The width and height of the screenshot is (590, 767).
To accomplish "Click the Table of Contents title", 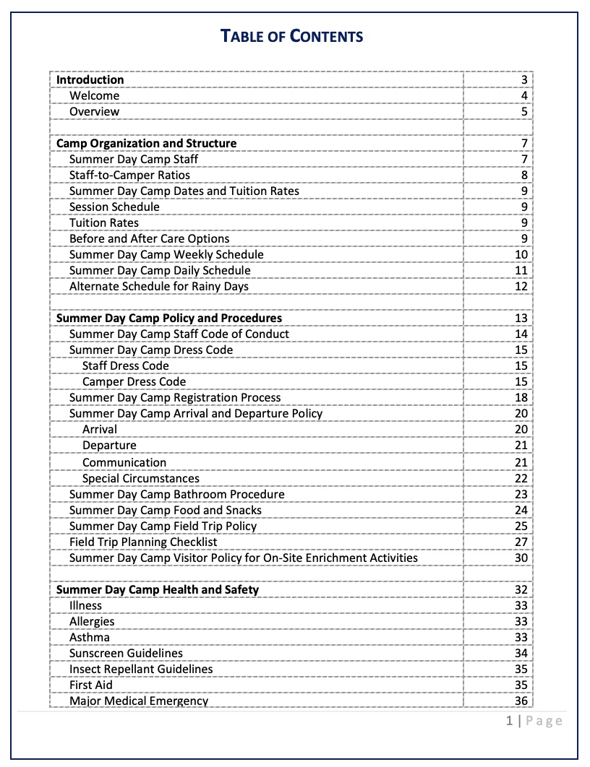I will pos(291,36).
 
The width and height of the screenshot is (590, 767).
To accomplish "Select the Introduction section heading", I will pos(90,80).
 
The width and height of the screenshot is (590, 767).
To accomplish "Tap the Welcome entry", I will pos(95,96).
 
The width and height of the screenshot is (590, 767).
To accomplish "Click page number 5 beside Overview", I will pos(524,112).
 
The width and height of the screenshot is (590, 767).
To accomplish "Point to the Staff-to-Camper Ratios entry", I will pos(130,175).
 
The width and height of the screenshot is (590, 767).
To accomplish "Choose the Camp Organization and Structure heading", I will pos(147,144).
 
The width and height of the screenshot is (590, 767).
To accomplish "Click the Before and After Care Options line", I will pos(150,239).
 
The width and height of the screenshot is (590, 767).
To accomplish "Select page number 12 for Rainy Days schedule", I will pos(521,287).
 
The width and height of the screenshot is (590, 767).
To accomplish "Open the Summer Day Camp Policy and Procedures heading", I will pos(169,318).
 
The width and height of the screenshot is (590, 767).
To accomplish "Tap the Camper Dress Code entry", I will pos(134,382).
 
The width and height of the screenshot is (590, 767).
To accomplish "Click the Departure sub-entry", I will pos(109,446).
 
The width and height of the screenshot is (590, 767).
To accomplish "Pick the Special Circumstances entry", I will pos(141,479).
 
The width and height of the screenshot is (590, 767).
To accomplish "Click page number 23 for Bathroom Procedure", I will pos(521,495).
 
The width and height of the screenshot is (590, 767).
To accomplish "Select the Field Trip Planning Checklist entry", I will pos(143,542).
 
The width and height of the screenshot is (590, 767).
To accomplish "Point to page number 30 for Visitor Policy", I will pos(521,558).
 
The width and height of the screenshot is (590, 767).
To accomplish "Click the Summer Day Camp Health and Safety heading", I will pos(158,590).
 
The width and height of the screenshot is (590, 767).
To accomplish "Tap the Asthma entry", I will pos(90,638).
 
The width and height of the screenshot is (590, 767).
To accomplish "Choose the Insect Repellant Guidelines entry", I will pos(141,669).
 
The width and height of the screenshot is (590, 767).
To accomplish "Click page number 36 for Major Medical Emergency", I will pos(521,701).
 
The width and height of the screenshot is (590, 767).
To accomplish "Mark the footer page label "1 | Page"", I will pos(534,720).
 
